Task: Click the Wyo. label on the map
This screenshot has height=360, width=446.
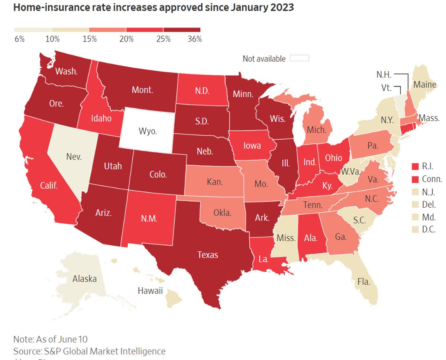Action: tap(148, 131)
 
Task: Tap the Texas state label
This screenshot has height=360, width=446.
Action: tap(207, 254)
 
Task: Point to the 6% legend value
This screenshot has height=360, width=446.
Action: tap(19, 39)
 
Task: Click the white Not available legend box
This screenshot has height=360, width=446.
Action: tap(299, 58)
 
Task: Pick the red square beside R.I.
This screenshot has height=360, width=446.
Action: tap(416, 166)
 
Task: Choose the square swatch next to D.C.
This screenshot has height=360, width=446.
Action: tap(416, 230)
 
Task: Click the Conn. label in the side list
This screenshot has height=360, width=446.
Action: tap(432, 179)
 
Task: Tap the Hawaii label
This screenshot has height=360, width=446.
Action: tap(150, 291)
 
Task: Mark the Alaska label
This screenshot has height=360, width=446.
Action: tap(84, 279)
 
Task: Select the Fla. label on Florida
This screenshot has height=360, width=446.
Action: tap(364, 281)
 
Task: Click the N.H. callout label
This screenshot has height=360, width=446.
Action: tap(384, 74)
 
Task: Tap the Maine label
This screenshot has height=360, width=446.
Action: tap(425, 84)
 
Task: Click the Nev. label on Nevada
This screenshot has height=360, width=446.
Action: tap(74, 156)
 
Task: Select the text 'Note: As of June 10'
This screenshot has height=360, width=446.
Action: tap(51, 339)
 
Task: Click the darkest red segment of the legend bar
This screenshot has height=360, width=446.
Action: tap(182, 30)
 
